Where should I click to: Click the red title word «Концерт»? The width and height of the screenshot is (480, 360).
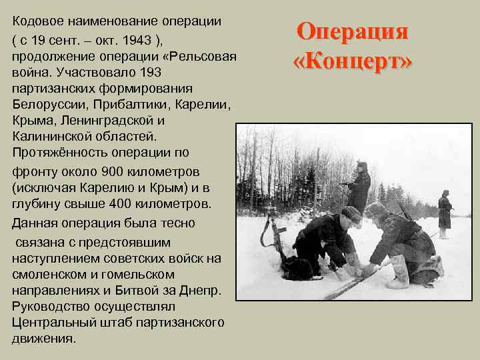(x=353, y=61)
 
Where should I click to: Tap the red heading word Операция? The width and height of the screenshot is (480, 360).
(x=352, y=32)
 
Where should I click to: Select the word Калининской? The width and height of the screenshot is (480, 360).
(x=51, y=137)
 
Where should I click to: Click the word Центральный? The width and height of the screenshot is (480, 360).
(x=54, y=321)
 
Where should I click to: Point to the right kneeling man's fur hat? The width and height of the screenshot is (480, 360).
(x=376, y=209)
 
